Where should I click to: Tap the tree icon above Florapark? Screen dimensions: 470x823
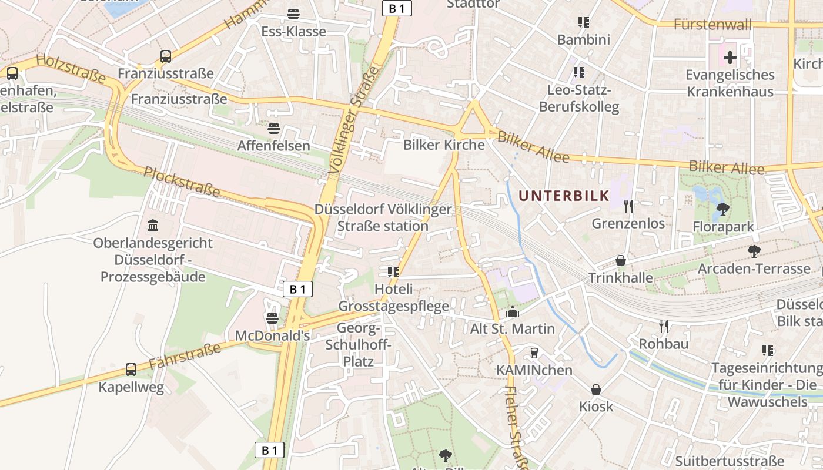(723, 209)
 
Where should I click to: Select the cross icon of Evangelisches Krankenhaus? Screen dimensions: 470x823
(730, 58)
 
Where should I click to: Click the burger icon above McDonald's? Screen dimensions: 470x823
(272, 318)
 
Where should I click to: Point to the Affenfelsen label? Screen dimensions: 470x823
(273, 145)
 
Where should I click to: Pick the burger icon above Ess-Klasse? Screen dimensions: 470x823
(293, 14)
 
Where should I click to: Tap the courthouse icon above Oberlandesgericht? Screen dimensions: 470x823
(153, 225)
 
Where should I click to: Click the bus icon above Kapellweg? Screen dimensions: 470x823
(131, 370)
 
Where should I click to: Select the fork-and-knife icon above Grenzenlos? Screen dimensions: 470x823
(628, 206)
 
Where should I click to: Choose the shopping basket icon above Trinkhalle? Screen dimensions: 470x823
(620, 260)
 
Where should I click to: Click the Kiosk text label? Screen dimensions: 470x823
(596, 407)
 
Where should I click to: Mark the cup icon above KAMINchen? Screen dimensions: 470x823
(534, 352)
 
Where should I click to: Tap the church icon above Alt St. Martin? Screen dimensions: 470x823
(513, 311)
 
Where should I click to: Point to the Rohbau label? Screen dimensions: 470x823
(664, 344)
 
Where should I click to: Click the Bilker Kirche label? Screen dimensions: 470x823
(444, 145)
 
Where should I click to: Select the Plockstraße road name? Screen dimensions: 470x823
(182, 182)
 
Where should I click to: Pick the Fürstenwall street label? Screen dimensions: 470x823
(712, 25)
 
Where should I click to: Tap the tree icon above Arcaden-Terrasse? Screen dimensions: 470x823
(754, 251)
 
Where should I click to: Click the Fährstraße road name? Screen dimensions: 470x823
(185, 356)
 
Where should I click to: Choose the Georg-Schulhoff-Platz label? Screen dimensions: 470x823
(359, 344)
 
